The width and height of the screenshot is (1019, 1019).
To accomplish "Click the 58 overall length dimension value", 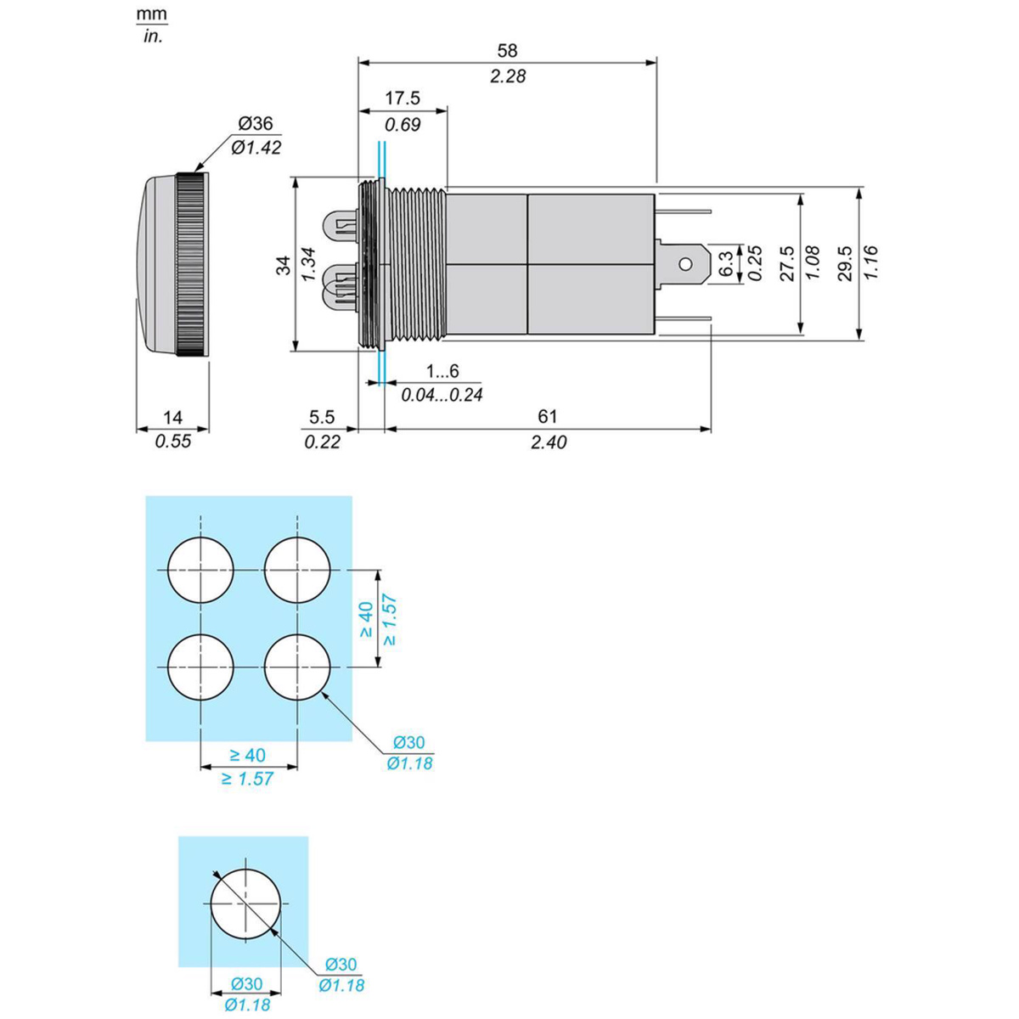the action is (x=507, y=51).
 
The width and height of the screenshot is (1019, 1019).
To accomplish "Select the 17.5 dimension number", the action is (x=403, y=99).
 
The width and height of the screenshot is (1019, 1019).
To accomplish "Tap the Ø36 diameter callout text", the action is (x=256, y=124).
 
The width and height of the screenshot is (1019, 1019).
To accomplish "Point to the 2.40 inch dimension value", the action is (x=549, y=442).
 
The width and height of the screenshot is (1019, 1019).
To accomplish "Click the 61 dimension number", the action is (x=548, y=417).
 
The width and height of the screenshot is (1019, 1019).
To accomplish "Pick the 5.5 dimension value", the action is (x=322, y=417).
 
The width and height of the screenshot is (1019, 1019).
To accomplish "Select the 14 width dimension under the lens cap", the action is (x=172, y=418).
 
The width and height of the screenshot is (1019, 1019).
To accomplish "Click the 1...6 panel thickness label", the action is (x=442, y=371).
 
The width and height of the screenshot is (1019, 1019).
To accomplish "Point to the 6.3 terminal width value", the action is (x=728, y=263).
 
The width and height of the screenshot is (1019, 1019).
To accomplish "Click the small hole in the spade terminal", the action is (x=684, y=263).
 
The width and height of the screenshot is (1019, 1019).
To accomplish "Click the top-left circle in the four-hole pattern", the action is (x=200, y=570).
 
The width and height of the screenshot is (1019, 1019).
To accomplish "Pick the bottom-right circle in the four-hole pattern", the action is (x=297, y=667).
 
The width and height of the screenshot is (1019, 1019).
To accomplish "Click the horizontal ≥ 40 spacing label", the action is (x=248, y=756).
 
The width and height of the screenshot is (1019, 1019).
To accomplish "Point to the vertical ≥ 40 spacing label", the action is (x=367, y=619).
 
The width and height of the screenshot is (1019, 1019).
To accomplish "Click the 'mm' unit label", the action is (x=152, y=14).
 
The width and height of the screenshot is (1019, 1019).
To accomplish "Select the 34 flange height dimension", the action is (x=284, y=265).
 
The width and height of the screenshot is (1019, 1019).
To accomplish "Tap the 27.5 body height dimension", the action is (x=787, y=262).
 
